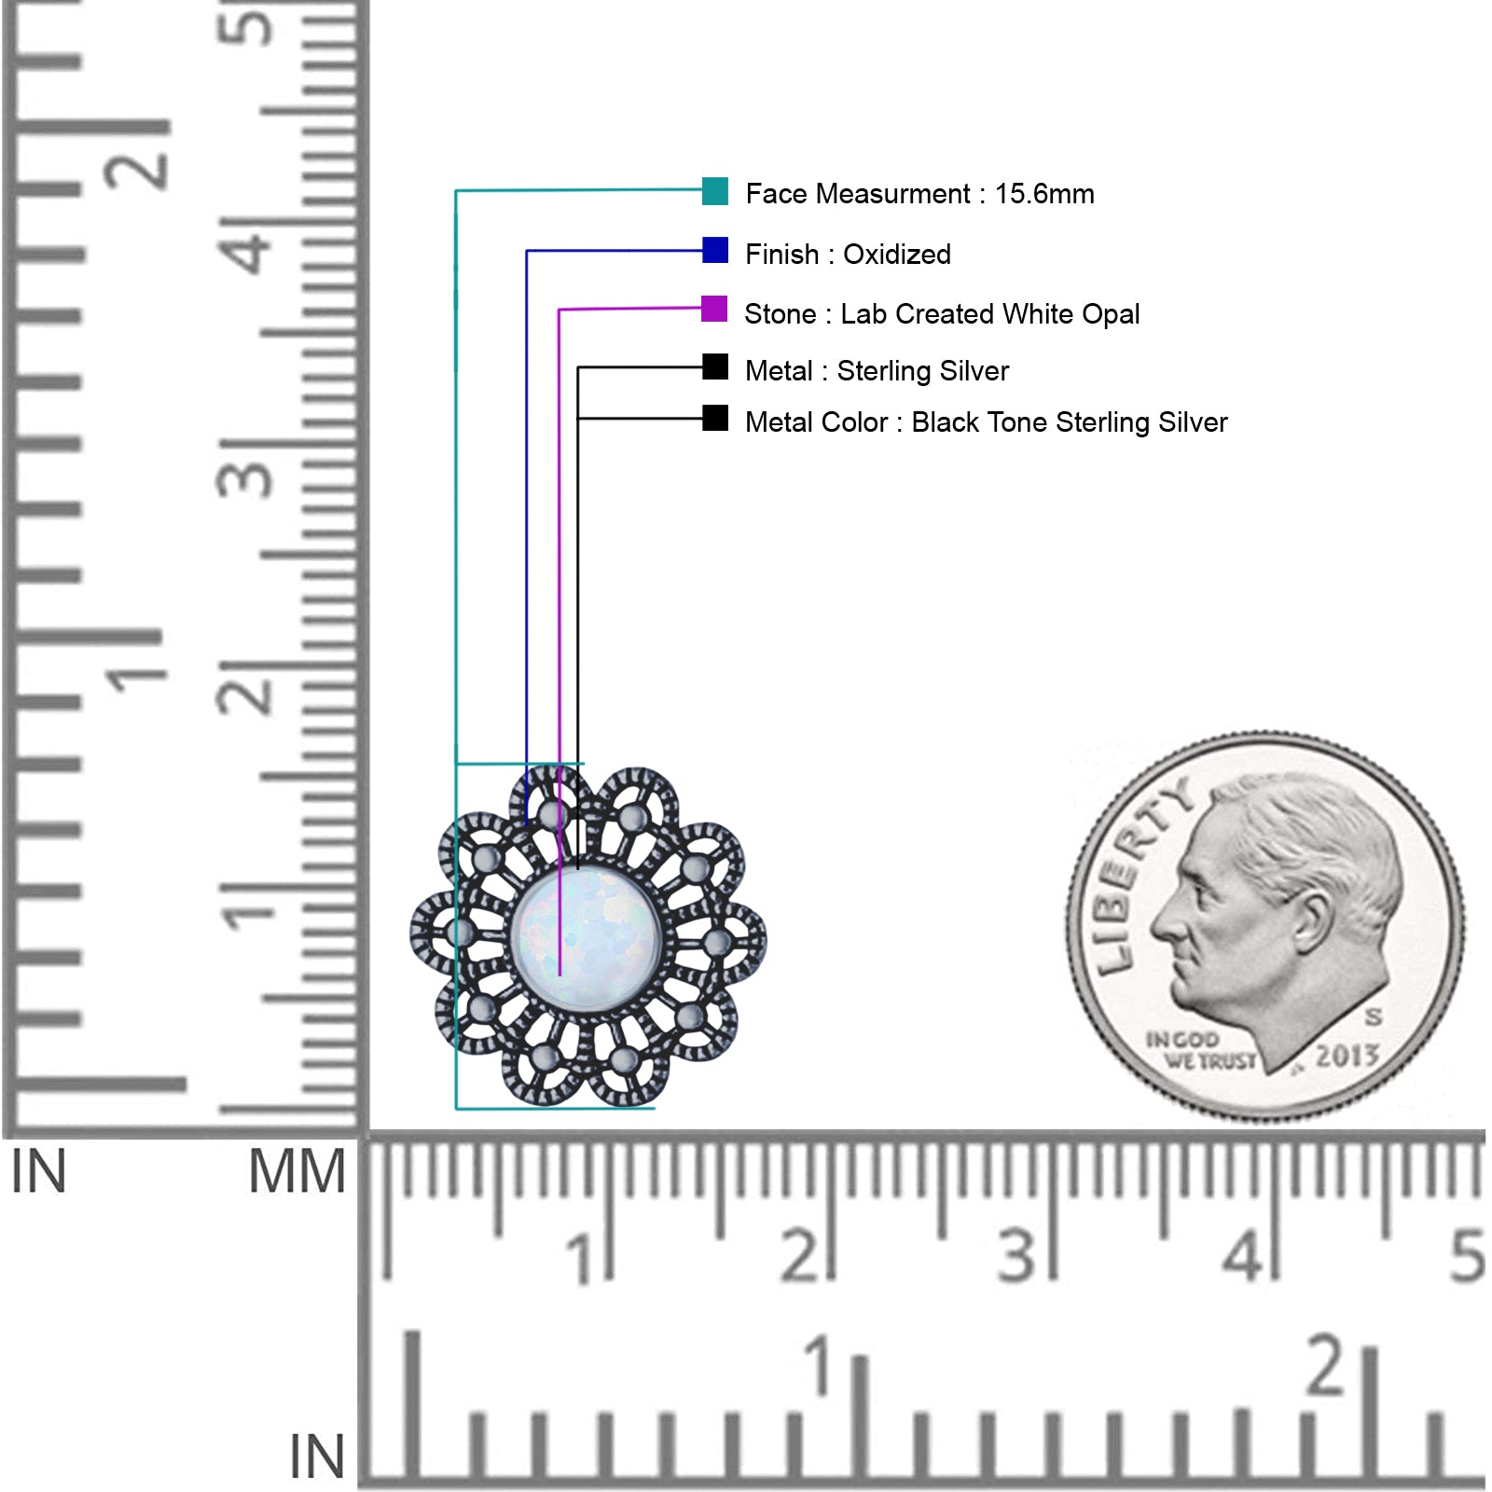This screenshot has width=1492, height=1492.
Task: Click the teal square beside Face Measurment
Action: coord(715,191)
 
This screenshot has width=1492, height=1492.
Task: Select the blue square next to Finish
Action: coord(715,250)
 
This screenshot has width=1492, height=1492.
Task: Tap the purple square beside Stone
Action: coord(714,309)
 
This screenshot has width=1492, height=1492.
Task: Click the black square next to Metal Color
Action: coord(715,418)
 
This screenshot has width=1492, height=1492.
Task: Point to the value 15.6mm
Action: coord(1044,194)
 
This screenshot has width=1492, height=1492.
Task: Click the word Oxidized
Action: coord(897,254)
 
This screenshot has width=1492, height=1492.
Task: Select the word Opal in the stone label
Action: coord(1111,314)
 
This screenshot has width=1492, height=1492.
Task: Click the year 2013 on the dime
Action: coord(1347,1056)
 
